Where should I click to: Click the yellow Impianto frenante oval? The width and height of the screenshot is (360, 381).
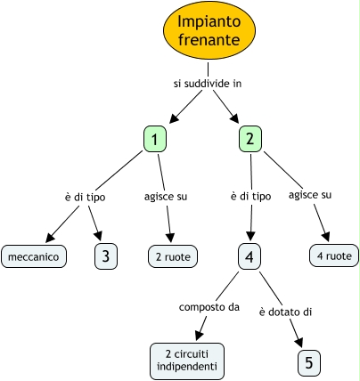(x=209, y=30)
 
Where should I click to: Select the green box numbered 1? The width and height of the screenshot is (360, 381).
(x=155, y=139)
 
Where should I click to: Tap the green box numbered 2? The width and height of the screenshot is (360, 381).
(x=250, y=139)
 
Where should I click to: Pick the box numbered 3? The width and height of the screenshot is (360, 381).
(x=106, y=256)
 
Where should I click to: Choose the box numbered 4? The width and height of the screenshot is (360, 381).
(x=250, y=256)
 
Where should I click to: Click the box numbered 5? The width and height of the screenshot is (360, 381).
(x=309, y=363)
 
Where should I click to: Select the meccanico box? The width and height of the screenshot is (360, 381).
(x=34, y=256)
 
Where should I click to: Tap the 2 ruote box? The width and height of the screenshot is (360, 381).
(x=173, y=256)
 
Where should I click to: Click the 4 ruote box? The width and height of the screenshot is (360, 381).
(x=334, y=255)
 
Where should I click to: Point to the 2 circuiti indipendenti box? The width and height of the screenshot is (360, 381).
(x=187, y=361)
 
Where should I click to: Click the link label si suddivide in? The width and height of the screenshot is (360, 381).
(x=208, y=84)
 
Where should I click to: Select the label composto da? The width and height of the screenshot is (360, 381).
(x=209, y=307)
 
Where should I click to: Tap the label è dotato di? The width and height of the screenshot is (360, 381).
(x=285, y=312)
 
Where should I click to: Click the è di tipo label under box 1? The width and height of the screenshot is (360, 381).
(x=85, y=197)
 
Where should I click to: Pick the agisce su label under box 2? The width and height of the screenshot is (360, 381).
(x=310, y=195)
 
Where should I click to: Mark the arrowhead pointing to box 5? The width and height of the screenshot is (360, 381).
(x=299, y=342)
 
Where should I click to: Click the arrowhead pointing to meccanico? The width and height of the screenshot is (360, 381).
(x=51, y=238)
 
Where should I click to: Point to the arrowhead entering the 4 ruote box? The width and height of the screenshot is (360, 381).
(x=325, y=236)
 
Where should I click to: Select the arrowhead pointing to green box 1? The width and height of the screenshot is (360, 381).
(x=175, y=118)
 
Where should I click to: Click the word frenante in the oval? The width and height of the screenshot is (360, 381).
(x=209, y=40)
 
